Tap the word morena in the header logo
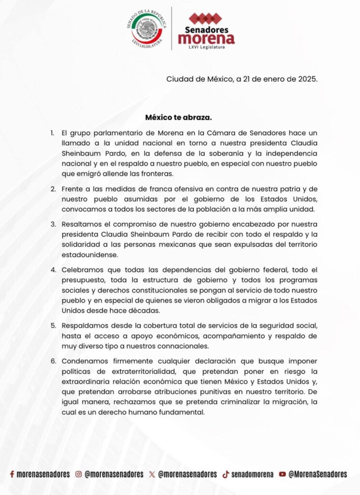point(206,38)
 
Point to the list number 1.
point(52,132)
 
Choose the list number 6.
point(52,361)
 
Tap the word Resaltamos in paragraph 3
point(81,224)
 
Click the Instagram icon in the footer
point(78,475)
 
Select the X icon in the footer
point(152,475)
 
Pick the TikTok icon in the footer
point(225,475)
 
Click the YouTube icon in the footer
point(282,475)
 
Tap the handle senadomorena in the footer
point(252,475)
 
